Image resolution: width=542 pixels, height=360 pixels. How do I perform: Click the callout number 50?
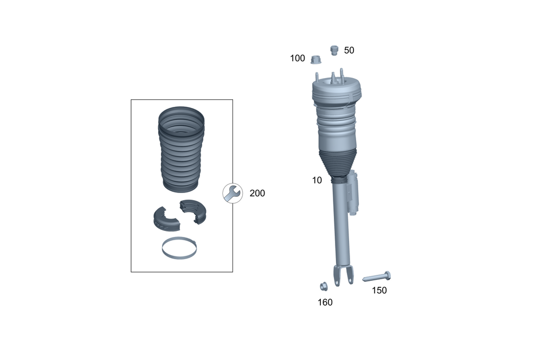[349, 50]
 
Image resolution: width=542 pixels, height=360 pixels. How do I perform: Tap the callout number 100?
[297, 58]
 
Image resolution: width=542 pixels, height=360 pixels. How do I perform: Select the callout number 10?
[317, 180]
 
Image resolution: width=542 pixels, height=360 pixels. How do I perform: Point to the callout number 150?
[379, 291]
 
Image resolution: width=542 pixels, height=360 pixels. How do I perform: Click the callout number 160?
[325, 302]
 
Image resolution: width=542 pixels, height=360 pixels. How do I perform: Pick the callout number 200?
[257, 194]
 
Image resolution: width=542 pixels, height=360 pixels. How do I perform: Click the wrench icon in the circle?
[233, 194]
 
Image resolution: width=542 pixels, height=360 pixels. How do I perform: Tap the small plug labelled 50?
[334, 50]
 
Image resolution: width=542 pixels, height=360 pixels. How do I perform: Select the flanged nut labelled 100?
[315, 60]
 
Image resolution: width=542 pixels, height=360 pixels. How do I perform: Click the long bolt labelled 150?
[377, 277]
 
